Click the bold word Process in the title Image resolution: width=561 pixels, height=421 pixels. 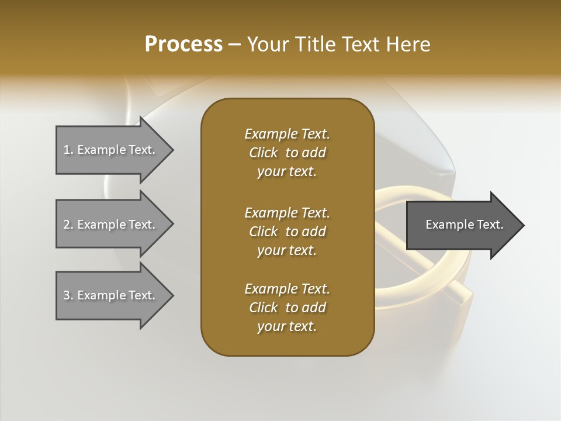tap(183, 44)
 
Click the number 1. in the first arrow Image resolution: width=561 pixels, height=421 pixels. tap(68, 150)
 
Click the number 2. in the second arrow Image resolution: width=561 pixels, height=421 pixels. tap(68, 225)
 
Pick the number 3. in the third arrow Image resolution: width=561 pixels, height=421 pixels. tap(68, 295)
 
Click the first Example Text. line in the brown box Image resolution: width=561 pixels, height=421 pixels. tap(287, 134)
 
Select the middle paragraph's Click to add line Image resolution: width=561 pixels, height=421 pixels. tap(287, 232)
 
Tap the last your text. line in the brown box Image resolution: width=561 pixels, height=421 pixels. tap(287, 327)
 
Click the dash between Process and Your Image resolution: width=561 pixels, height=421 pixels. tap(234, 44)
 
